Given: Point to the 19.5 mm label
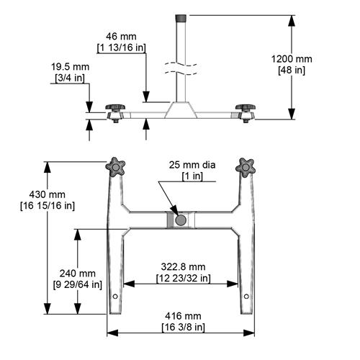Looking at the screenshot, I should click(x=71, y=66).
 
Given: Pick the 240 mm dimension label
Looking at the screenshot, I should click(x=77, y=274).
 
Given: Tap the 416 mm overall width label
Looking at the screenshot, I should click(x=183, y=316).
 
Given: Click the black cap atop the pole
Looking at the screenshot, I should click(x=182, y=16).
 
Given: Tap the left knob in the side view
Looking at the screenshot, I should click(x=115, y=109).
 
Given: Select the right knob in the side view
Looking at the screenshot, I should click(x=245, y=109).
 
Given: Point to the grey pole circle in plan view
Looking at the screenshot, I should click(x=180, y=219).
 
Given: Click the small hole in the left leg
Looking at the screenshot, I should click(x=116, y=296).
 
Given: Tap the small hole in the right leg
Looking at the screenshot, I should click(x=246, y=296).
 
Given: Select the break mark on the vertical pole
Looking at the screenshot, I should click(x=182, y=68).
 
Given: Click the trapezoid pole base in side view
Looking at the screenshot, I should click(x=181, y=110).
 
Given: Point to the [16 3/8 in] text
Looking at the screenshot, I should click(x=183, y=328).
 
